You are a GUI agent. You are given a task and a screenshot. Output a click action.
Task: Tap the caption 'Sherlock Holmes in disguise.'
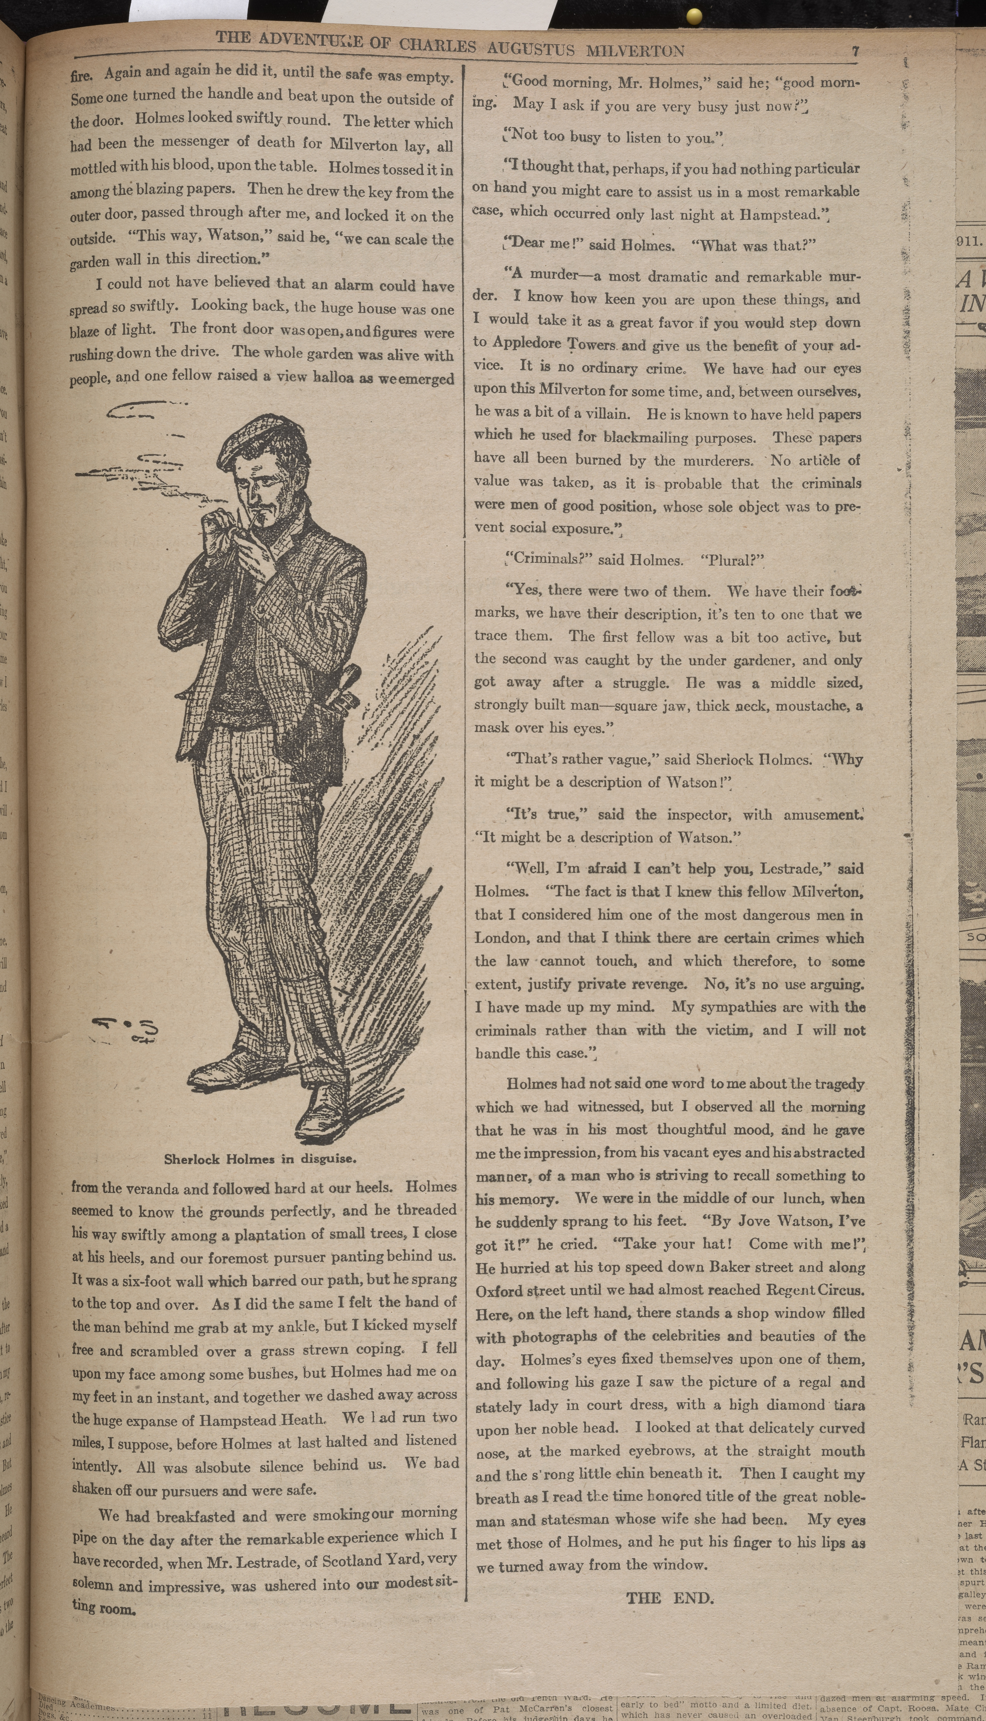tap(260, 1159)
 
